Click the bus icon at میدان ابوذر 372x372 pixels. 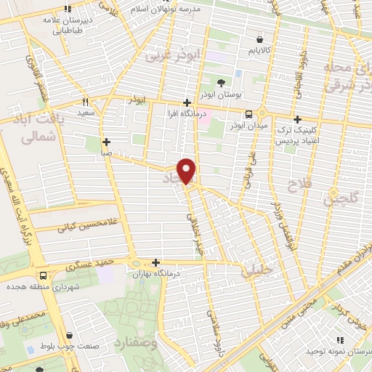(x=249, y=114)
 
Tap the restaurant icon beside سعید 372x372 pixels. (x=86, y=102)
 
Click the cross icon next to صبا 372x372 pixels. (x=106, y=142)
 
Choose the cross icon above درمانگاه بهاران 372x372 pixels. (x=155, y=262)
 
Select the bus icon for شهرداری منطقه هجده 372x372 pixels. (x=43, y=275)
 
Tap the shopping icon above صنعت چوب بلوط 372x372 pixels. (x=68, y=336)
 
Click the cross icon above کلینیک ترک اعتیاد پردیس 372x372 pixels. (x=296, y=120)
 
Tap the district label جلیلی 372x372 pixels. (x=254, y=272)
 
